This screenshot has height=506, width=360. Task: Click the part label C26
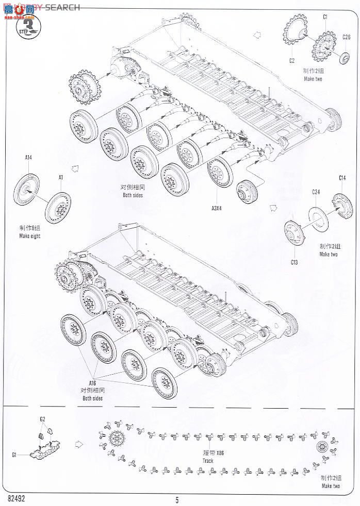coord(347,37)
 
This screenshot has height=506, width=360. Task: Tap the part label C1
coord(325,17)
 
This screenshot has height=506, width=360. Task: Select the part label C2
coord(291,61)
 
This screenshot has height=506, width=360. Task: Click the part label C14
coord(342,178)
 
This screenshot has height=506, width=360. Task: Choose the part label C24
coord(316,192)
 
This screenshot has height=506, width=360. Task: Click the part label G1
coord(14,455)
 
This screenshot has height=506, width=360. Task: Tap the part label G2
coord(43,419)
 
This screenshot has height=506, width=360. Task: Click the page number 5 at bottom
coord(177,499)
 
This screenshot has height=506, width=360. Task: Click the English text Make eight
coord(30,235)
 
